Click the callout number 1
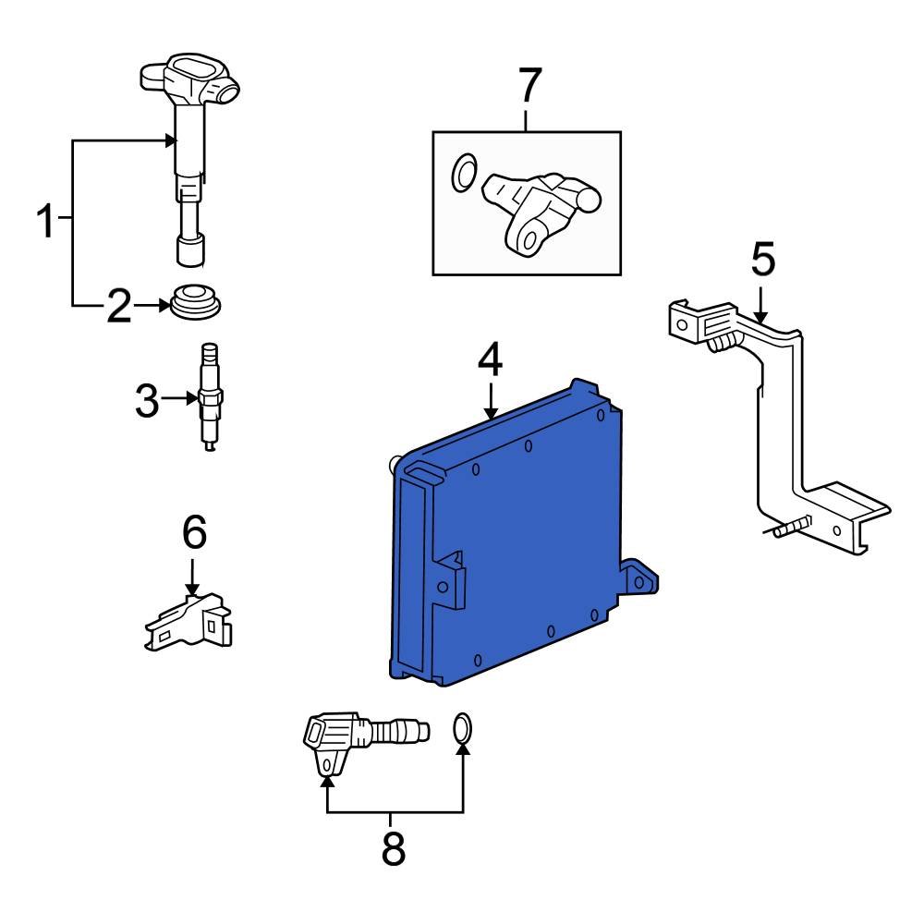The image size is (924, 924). (x=46, y=221)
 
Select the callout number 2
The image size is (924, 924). (x=119, y=306)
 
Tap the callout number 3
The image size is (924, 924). (x=147, y=400)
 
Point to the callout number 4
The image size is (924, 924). (x=490, y=359)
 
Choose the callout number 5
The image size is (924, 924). (x=762, y=259)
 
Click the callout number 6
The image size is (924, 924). (x=194, y=531)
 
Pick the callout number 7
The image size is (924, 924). (x=529, y=85)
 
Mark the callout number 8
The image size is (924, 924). (x=394, y=848)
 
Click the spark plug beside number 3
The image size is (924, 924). (x=208, y=397)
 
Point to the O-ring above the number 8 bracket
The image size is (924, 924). (x=463, y=728)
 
